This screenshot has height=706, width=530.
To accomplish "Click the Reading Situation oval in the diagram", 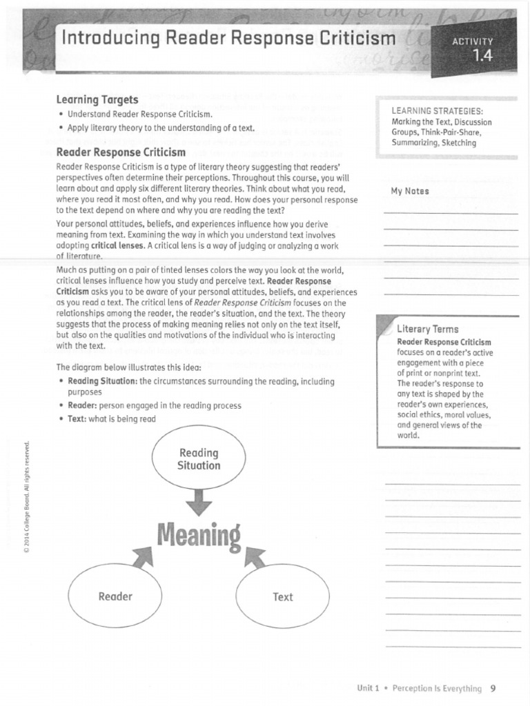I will click(x=199, y=459).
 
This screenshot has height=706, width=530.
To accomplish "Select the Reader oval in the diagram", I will click(x=115, y=596).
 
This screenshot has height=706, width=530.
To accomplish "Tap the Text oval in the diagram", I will click(x=282, y=596).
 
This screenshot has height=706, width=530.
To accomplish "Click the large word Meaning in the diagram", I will click(x=199, y=536).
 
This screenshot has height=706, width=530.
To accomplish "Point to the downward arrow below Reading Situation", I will click(x=199, y=502).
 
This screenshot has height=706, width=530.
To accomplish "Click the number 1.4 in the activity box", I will click(x=482, y=57).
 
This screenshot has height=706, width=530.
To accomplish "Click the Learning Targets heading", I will click(x=97, y=100).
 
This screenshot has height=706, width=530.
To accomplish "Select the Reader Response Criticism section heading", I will click(x=121, y=152).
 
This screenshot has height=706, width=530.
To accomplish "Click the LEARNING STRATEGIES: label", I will click(x=437, y=111).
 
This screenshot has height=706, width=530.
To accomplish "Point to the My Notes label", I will click(x=409, y=191).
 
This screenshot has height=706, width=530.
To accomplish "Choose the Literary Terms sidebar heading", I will click(x=427, y=329).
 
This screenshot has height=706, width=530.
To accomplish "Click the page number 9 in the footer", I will click(x=493, y=688).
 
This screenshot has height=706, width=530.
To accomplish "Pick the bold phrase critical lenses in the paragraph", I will click(x=117, y=245).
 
